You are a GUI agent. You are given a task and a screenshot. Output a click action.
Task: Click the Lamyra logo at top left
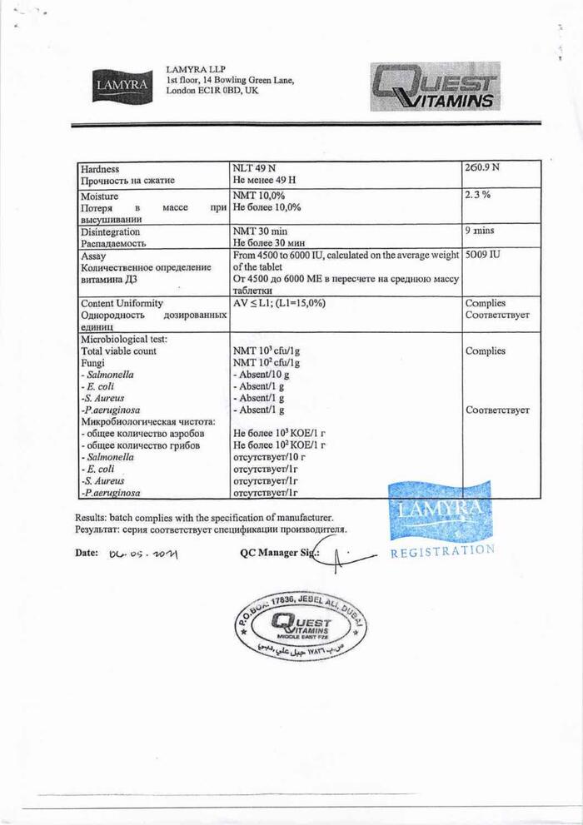(121, 85)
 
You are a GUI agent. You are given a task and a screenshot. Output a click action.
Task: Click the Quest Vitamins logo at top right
(435, 87)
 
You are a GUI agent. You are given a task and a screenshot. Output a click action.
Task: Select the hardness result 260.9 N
(482, 167)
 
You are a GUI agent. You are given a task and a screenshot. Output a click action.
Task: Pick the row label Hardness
(100, 168)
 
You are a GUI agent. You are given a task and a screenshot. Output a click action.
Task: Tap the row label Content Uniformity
(122, 304)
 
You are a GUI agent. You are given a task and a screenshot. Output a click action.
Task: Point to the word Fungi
(93, 363)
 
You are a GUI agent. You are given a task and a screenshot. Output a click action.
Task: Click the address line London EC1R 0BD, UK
(212, 91)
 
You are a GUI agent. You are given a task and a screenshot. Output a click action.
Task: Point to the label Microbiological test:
(123, 339)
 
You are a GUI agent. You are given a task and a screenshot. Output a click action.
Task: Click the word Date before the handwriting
(87, 552)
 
